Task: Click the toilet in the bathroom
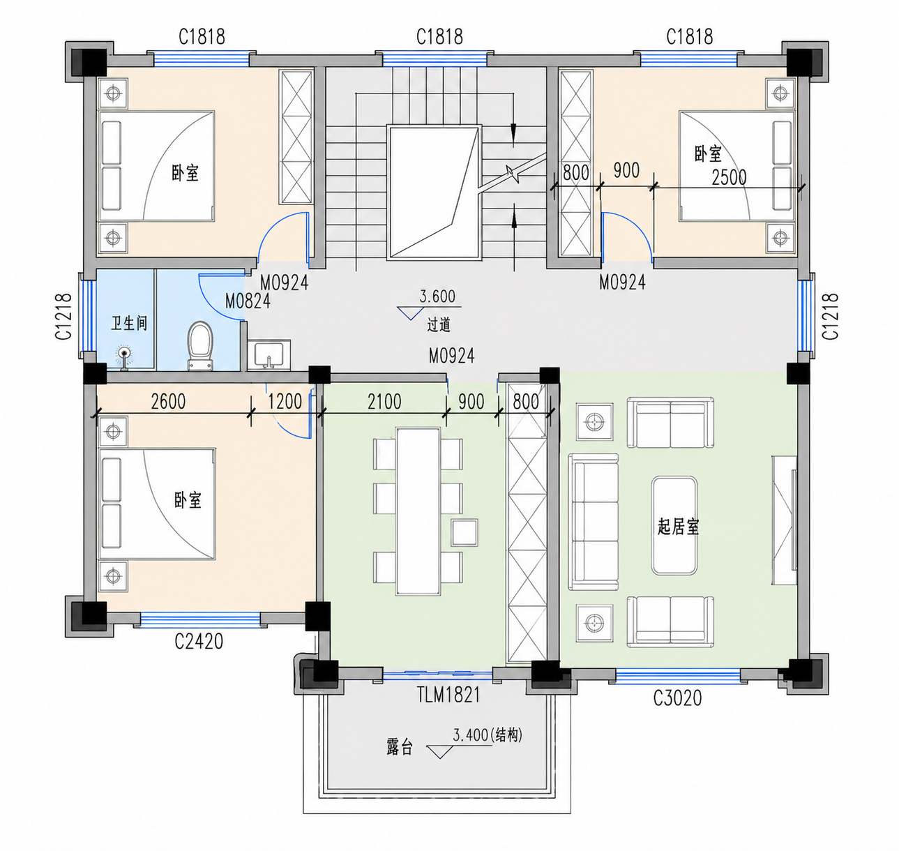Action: coord(200,345)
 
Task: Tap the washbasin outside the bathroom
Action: coord(269,355)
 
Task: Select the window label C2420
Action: coord(199,642)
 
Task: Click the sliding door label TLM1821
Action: coord(448,695)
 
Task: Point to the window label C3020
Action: coord(677,698)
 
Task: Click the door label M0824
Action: coord(248,301)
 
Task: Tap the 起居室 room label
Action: coord(678,527)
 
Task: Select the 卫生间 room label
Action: coord(130,324)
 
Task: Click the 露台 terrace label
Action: coord(400,747)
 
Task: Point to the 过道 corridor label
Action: coord(439,325)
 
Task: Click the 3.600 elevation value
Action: coord(437,296)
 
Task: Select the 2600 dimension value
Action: coord(168,402)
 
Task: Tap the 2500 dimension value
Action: coord(729,177)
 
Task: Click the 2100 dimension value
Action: coord(384,402)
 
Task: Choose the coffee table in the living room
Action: coord(674,525)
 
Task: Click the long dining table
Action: coord(418,511)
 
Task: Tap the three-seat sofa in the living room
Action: coord(593,522)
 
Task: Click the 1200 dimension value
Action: coord(285,402)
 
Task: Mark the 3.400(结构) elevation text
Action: coord(488,735)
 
